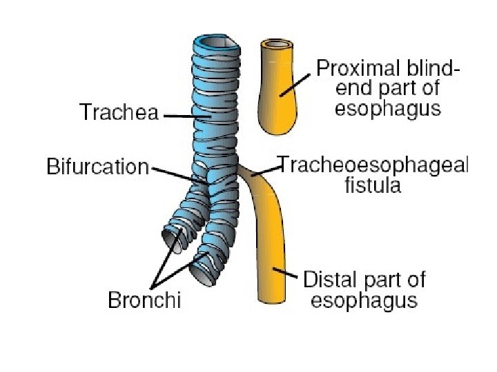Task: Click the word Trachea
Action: click(119, 112)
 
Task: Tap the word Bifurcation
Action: click(97, 167)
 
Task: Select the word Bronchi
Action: click(144, 300)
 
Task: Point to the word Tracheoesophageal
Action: click(373, 165)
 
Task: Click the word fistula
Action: click(373, 185)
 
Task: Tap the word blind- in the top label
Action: click(431, 69)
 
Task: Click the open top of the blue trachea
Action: click(217, 43)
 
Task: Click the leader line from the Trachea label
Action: click(186, 116)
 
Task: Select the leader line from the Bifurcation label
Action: click(178, 174)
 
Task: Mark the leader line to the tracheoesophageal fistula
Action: click(262, 172)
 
